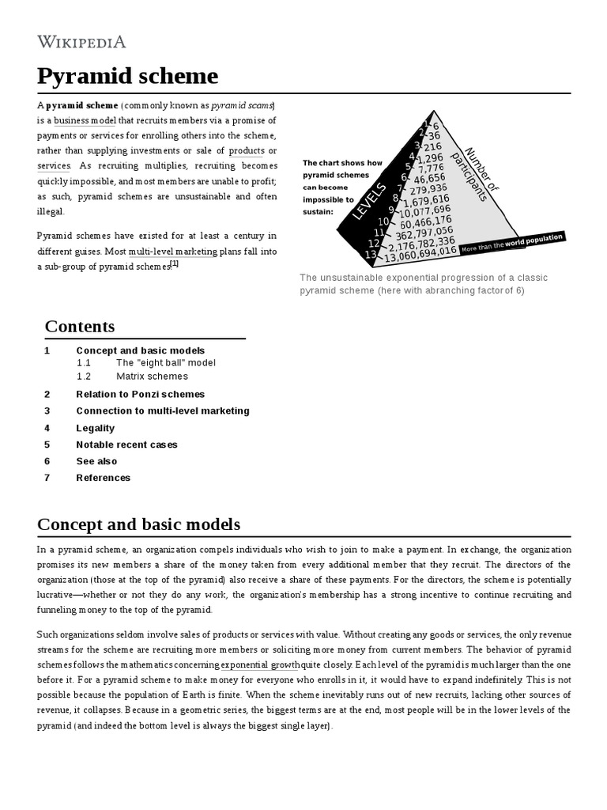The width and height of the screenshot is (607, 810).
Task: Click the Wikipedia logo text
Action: pos(81,41)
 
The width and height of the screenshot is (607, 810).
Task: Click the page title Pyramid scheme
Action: pos(127,76)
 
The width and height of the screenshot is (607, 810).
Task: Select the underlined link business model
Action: pos(85,120)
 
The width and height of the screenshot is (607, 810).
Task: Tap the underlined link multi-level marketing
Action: pos(172,251)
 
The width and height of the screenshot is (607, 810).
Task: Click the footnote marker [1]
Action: pos(175,265)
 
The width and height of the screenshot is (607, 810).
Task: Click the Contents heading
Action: pos(80,326)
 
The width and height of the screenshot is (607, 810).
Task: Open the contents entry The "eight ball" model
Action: pos(165,362)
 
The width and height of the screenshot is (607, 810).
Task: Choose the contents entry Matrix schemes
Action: pos(152,377)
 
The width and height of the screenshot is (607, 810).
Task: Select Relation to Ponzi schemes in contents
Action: pos(140,394)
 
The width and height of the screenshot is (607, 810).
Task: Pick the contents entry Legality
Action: pos(95,428)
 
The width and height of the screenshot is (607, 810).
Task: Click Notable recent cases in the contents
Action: pos(126,445)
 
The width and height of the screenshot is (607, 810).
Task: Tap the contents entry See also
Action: pos(96,461)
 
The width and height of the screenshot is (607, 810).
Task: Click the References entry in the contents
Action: pos(103,478)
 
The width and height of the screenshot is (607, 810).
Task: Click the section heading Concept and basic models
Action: pos(139,524)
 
